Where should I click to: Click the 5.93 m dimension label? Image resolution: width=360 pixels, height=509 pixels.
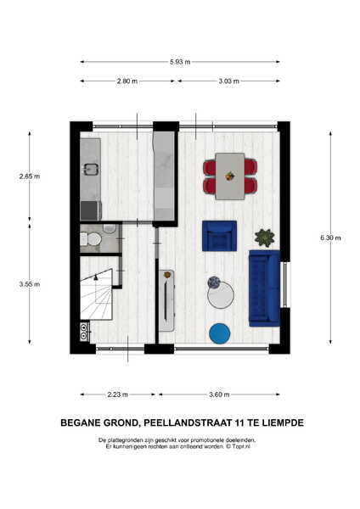(x=180, y=62)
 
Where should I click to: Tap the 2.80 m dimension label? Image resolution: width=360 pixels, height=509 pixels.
(x=127, y=81)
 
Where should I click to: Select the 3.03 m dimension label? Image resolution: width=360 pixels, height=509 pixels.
(x=228, y=81)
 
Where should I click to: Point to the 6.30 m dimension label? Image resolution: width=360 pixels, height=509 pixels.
(x=330, y=238)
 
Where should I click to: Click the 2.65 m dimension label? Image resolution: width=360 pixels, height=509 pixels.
(x=30, y=176)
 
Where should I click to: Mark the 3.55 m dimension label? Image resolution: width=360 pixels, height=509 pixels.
(x=30, y=284)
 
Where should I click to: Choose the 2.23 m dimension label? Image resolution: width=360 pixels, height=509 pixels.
(x=118, y=394)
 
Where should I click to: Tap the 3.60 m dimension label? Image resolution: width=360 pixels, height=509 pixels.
(x=219, y=394)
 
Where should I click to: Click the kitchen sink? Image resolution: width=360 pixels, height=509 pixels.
(x=92, y=169)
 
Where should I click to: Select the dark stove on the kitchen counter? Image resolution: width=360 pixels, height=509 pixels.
(x=90, y=210)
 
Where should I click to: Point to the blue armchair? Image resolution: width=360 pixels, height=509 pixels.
(x=219, y=236)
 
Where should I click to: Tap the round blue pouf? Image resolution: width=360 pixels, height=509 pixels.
(x=220, y=333)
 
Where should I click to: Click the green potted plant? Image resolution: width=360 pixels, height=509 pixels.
(x=264, y=238)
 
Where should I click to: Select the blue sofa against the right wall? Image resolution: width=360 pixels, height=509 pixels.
(x=264, y=288)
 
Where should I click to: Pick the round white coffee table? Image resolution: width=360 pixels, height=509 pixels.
(x=221, y=295)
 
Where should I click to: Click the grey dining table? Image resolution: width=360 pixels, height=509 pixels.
(x=230, y=176)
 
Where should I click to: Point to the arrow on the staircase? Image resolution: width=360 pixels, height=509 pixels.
(x=96, y=277)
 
